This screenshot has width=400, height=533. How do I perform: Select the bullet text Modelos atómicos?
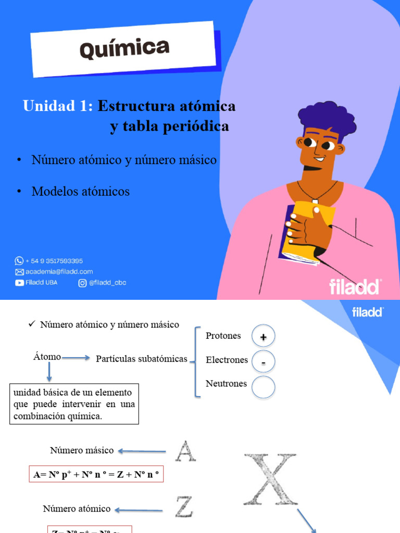81,192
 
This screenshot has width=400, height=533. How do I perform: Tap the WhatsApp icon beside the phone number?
19,261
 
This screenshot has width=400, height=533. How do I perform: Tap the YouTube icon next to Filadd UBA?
19,283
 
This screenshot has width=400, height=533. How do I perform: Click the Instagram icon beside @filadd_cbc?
82,283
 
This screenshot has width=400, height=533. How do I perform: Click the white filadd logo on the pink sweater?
355,287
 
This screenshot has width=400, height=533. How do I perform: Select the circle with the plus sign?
263,337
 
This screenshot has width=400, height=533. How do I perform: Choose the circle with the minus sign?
263,362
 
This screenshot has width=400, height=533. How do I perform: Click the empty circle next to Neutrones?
263,387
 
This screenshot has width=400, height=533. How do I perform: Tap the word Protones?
223,336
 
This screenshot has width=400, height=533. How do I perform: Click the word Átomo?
47,357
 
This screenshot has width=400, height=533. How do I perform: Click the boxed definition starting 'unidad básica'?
74,404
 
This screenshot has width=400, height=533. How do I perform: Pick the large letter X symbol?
270,479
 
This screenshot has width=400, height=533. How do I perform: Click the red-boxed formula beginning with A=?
96,474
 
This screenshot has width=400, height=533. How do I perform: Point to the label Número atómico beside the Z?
77,509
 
